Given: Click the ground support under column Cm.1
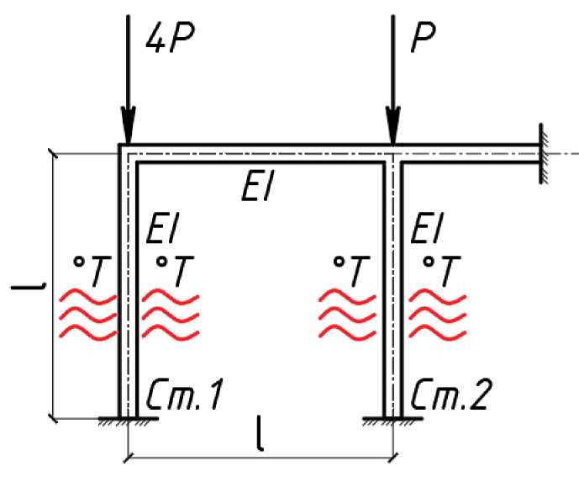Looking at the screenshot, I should (128, 419).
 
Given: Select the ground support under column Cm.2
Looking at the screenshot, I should (392, 419).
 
